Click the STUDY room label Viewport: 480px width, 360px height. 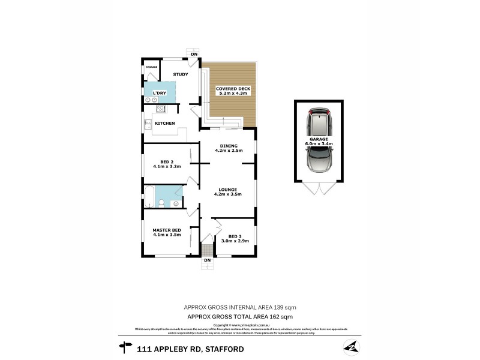coord(181,74)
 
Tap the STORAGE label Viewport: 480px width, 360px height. coord(151,67)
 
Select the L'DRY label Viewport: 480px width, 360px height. coord(159,93)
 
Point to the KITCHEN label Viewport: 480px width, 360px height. coord(165,123)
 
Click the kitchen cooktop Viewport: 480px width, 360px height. coord(161,109)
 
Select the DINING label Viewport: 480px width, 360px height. coord(229,146)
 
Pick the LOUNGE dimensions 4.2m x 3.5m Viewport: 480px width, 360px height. coord(227,194)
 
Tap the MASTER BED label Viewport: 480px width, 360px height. coord(167,230)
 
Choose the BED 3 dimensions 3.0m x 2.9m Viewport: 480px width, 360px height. coord(235,241)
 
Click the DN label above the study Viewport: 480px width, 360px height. coord(193,55)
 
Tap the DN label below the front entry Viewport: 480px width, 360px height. coord(207,260)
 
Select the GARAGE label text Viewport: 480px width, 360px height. coord(319,139)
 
